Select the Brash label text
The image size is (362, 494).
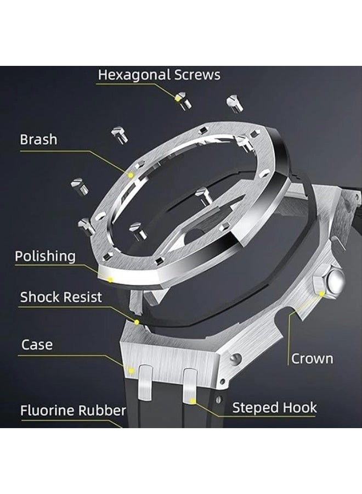tap(38, 139)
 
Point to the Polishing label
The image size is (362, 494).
tap(45, 256)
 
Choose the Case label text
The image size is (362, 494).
tap(37, 345)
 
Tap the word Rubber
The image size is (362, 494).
tap(105, 410)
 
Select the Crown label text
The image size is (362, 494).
tap(312, 359)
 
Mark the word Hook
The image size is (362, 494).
tap(298, 407)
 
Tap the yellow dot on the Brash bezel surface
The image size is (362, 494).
tap(131, 175)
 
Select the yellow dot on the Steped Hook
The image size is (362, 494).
tap(192, 401)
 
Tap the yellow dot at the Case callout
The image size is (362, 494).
tap(131, 370)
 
